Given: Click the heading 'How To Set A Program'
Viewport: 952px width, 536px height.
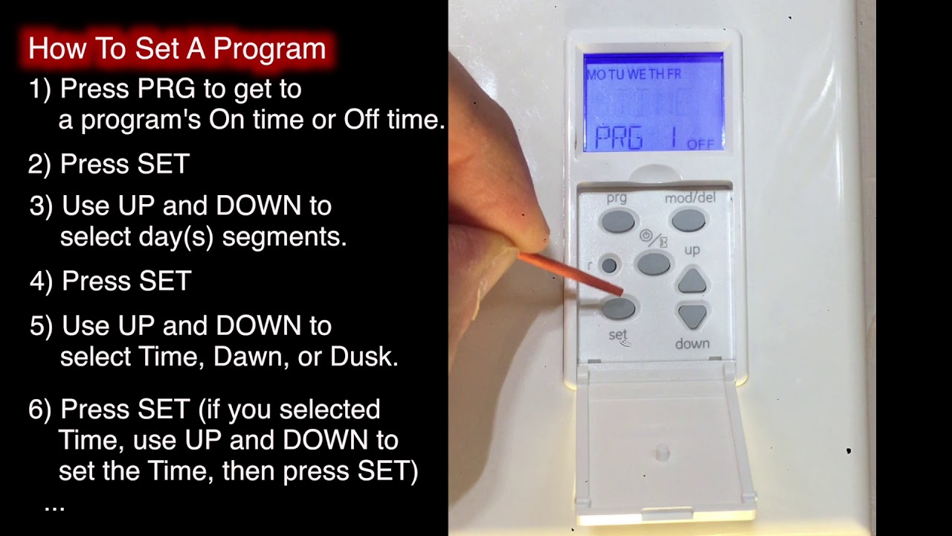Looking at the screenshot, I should tap(177, 49).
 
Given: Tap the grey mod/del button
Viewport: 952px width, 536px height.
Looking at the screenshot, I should tap(688, 220).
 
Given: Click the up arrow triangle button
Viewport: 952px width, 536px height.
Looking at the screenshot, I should tap(692, 281).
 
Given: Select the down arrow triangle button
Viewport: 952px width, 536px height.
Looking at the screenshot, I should tap(692, 316).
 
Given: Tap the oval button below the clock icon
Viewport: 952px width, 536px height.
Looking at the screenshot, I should tap(654, 264).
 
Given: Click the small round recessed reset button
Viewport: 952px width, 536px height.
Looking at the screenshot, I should tap(609, 265).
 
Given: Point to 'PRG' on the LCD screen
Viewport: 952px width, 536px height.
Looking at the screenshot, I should tap(618, 138).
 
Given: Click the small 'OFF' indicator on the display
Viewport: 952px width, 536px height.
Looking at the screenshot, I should tap(701, 144).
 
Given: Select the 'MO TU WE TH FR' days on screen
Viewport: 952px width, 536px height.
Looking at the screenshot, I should tap(634, 74).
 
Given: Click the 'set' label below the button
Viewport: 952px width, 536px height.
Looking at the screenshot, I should tap(618, 336).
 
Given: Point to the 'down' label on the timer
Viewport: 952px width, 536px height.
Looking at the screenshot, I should tap(692, 344).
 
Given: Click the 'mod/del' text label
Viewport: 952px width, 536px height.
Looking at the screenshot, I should tap(688, 199).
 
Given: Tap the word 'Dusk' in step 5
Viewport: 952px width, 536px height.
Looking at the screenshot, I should tap(364, 357).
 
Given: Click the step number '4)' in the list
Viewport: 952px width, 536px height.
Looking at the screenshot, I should tap(42, 281).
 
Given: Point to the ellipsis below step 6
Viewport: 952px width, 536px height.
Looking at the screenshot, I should tap(54, 506).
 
